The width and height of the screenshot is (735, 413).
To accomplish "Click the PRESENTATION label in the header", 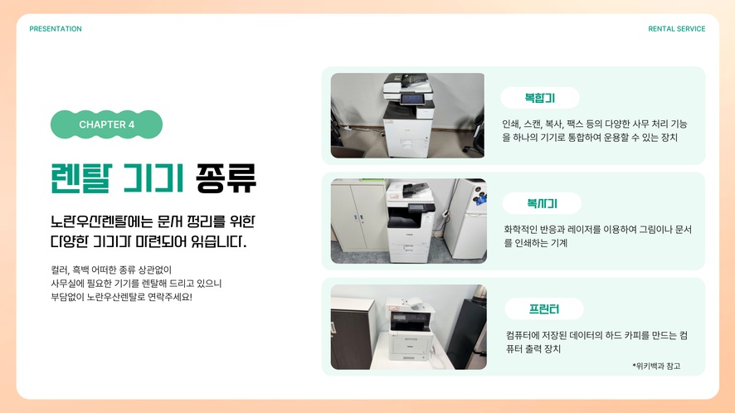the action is point(56,29).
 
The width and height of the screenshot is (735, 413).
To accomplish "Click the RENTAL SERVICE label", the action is point(676,29).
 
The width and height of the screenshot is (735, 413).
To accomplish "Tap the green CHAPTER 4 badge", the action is point(106,124).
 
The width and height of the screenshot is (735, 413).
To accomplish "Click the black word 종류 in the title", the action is point(226,178).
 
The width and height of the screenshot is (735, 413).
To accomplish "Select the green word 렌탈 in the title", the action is point(81,178).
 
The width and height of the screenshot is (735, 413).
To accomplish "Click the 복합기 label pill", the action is point(540,98).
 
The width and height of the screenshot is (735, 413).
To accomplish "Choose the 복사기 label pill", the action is point(542,203).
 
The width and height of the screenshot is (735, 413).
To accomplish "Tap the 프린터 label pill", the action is point(544,309).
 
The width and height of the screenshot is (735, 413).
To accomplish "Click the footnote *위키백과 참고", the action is point(656,366).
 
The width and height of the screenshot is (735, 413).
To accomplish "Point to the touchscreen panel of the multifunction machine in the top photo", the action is point(412,99).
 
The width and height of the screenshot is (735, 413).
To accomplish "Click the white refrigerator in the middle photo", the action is point(466,220).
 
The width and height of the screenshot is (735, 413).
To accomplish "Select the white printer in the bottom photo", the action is point(410,329).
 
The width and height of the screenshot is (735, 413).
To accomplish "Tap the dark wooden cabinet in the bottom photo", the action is point(353,333).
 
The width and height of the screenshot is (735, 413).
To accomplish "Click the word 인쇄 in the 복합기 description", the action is point(510,124).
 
